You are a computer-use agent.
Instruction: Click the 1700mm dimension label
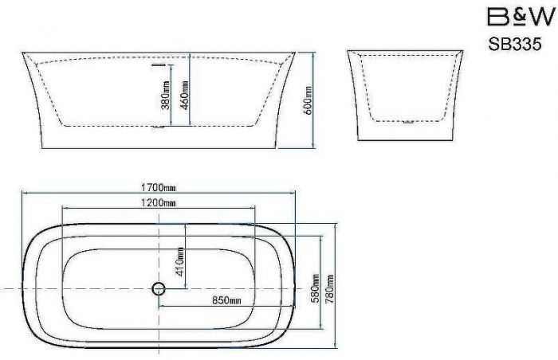click(x=158, y=187)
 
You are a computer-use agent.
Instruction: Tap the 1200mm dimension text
click(x=158, y=203)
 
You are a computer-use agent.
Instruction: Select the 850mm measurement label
click(x=226, y=301)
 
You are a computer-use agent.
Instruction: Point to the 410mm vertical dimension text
click(x=180, y=262)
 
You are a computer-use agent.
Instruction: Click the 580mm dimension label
click(x=316, y=288)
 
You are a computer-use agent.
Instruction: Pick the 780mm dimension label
click(x=329, y=288)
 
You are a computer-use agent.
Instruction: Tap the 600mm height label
click(x=308, y=100)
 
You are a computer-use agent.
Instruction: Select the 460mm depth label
click(x=185, y=96)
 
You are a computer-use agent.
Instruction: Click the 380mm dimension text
click(x=166, y=96)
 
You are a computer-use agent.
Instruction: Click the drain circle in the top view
click(x=159, y=288)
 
